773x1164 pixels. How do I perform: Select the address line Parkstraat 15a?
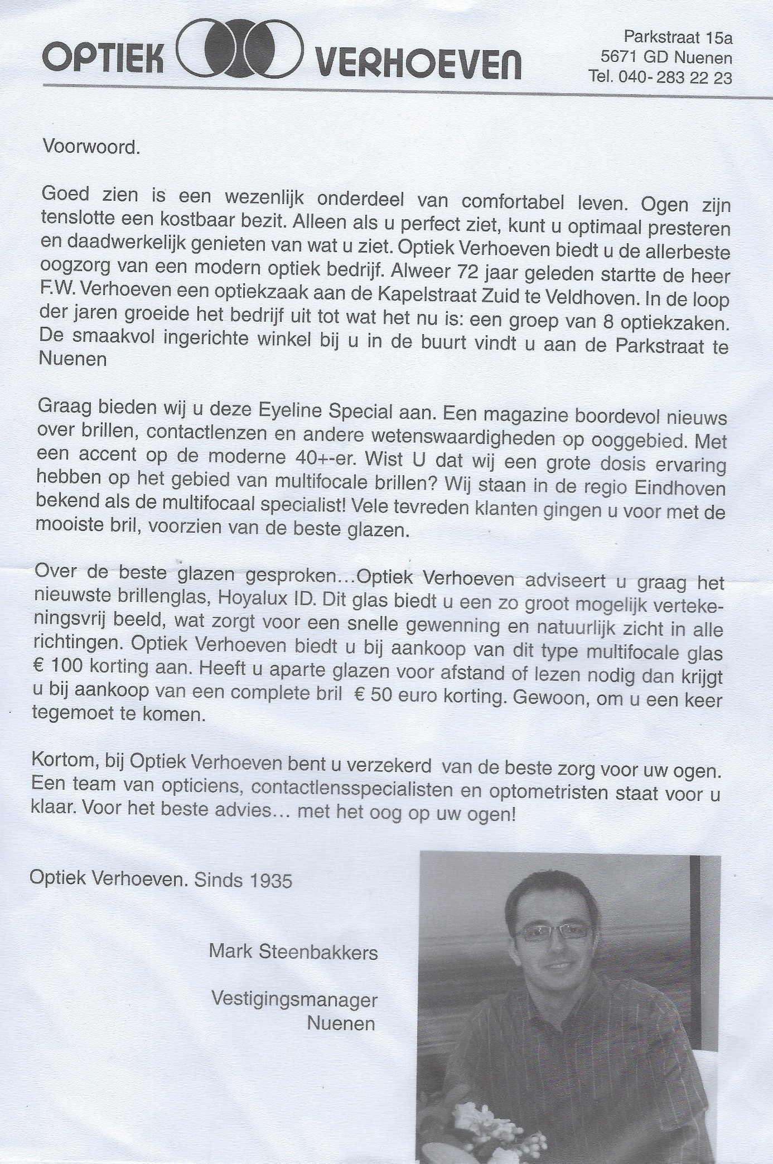(678, 38)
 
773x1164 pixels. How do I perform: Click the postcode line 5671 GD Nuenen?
(666, 57)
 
